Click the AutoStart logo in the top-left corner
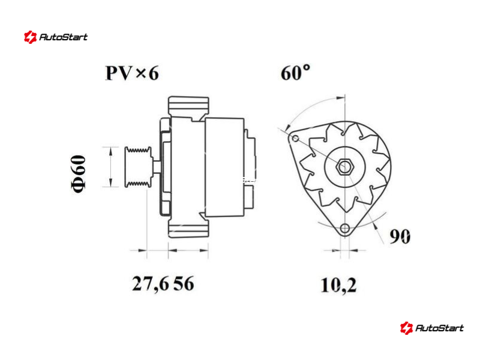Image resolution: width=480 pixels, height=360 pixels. [56, 37]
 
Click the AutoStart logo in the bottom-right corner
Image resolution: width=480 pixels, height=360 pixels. [431, 328]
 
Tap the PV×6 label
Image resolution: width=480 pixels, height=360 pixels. [132, 73]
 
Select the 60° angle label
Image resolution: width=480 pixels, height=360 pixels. [295, 73]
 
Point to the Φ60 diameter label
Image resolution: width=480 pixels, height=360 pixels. [79, 173]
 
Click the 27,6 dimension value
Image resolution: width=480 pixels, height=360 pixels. [151, 284]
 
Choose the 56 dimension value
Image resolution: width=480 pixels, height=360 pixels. [184, 283]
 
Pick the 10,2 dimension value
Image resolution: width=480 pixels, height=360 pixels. [338, 286]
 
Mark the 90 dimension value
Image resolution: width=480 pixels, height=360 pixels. [400, 236]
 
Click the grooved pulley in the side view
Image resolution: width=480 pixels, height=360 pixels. [138, 167]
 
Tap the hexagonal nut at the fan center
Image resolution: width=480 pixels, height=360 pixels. [344, 167]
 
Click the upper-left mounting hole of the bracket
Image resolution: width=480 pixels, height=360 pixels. [295, 138]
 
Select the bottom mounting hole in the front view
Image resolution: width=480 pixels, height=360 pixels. [344, 229]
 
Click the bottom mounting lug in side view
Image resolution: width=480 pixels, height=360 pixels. [188, 228]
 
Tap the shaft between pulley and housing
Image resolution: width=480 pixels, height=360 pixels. [156, 167]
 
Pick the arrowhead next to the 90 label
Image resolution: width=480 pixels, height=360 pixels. [375, 226]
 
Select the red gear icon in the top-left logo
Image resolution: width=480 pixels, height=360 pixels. [31, 37]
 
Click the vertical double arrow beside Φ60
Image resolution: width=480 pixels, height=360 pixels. [110, 167]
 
